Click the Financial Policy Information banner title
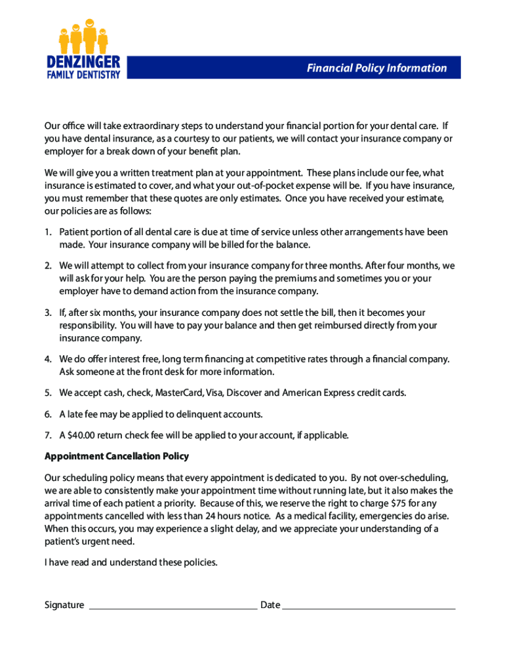pos(376,68)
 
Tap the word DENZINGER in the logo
pos(83,62)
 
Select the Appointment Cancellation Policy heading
pos(116,456)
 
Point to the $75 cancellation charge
pos(391,503)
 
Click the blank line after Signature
pos(172,605)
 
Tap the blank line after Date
pos(369,605)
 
